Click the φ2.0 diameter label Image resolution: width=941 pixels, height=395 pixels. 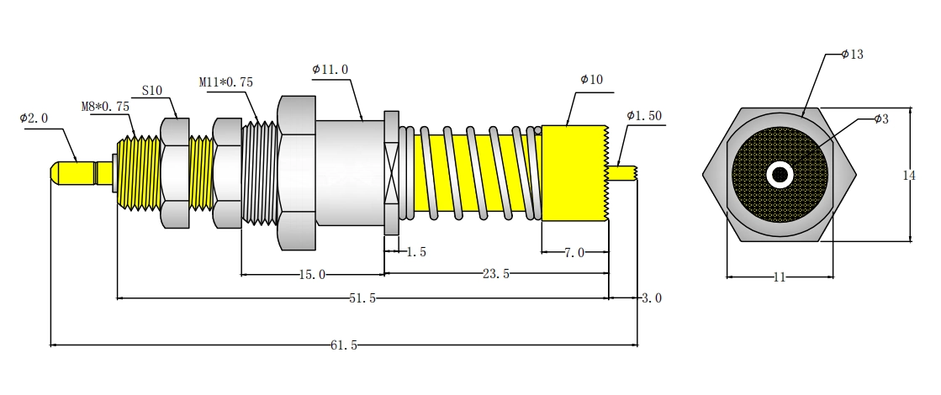click(x=34, y=118)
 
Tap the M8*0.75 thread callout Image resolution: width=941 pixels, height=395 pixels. click(x=105, y=107)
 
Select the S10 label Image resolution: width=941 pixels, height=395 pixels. click(x=152, y=91)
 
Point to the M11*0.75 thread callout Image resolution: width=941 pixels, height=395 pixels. click(x=226, y=82)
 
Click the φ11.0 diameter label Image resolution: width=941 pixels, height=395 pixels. click(x=330, y=69)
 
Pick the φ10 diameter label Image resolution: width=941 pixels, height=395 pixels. click(x=592, y=79)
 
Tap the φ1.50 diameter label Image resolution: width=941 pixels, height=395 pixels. click(x=644, y=116)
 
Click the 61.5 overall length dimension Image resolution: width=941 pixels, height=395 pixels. click(x=344, y=345)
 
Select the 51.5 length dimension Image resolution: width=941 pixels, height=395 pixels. click(x=362, y=298)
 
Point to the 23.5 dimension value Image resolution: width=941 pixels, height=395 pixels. click(x=495, y=274)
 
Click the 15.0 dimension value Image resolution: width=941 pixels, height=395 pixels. click(x=312, y=275)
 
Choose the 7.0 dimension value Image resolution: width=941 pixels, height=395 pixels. click(x=574, y=253)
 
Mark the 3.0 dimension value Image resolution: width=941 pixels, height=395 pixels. click(x=652, y=298)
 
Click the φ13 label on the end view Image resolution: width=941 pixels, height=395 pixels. click(x=852, y=54)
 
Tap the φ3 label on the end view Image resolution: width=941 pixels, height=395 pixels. click(x=881, y=118)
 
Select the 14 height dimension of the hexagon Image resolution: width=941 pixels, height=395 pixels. click(x=909, y=175)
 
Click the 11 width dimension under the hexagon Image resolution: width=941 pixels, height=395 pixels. click(x=780, y=276)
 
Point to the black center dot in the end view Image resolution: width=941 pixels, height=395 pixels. click(x=780, y=175)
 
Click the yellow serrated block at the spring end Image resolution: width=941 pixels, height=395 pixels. click(x=575, y=173)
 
